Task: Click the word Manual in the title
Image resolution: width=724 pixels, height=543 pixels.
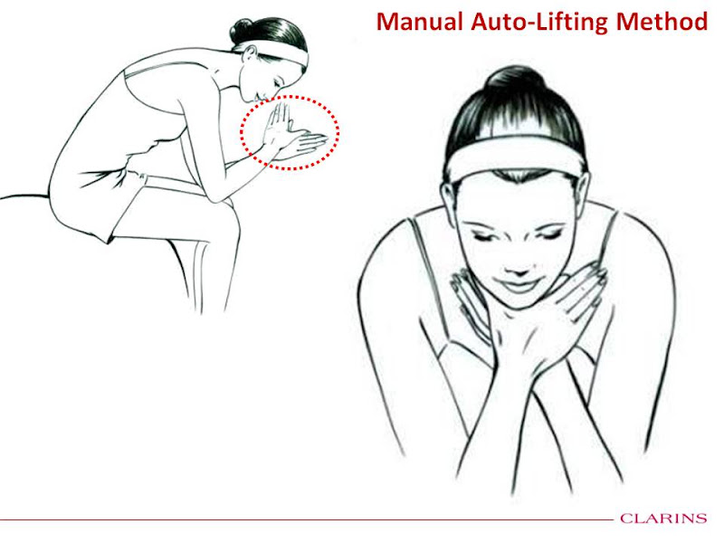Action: [x=419, y=22]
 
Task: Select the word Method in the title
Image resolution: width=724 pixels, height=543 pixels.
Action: [x=662, y=22]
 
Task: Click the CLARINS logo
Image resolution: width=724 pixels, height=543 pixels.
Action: [x=663, y=519]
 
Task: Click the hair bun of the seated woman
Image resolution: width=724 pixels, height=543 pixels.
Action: [x=242, y=31]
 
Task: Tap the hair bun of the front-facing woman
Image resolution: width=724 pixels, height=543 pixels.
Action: [x=513, y=80]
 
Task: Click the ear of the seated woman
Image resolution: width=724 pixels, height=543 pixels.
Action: [x=250, y=54]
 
